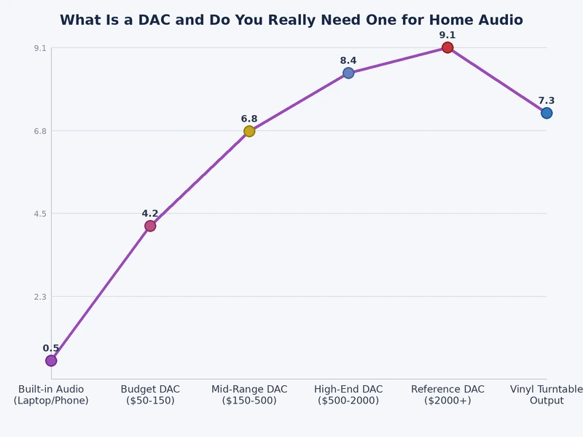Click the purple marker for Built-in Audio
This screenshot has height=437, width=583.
click(x=51, y=361)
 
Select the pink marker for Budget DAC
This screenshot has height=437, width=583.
click(x=150, y=226)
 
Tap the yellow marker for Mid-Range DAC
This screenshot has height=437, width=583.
click(x=249, y=131)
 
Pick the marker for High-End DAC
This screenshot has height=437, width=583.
click(x=348, y=73)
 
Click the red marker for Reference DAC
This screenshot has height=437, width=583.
click(x=447, y=47)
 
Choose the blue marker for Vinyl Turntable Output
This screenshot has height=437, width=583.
click(x=547, y=113)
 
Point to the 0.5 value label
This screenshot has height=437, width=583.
click(x=51, y=348)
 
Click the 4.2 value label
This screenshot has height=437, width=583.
click(x=150, y=213)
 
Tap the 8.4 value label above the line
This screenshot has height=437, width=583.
click(x=348, y=60)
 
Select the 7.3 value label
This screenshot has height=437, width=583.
click(x=547, y=101)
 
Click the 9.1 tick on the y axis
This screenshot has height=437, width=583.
click(x=39, y=48)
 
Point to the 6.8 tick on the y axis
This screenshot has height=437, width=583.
click(x=39, y=131)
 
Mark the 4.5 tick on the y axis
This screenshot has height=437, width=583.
click(x=39, y=213)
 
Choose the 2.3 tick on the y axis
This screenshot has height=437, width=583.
click(x=39, y=296)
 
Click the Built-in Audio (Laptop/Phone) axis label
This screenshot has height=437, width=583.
click(x=51, y=395)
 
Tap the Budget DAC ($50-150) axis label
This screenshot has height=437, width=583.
click(x=150, y=395)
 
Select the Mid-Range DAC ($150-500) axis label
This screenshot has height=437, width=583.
click(x=249, y=395)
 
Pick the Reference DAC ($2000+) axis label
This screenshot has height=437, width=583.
click(x=447, y=395)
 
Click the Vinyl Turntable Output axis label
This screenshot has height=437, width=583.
click(x=547, y=395)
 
